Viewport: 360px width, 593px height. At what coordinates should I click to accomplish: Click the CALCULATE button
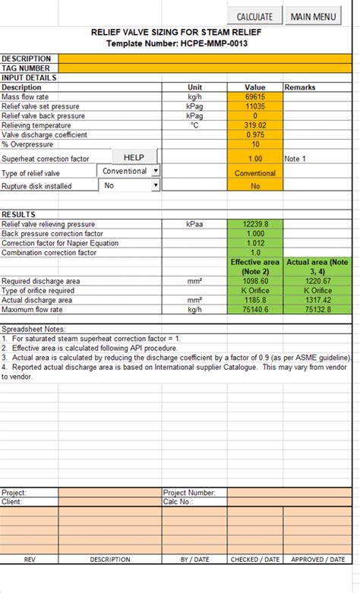tap(254, 16)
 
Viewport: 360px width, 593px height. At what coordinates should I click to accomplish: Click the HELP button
tap(134, 157)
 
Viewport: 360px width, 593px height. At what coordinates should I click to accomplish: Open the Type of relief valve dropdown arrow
tap(156, 171)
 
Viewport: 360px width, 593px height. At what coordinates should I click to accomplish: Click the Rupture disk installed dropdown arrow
tap(156, 185)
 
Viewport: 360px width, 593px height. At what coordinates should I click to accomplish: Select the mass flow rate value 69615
tap(255, 97)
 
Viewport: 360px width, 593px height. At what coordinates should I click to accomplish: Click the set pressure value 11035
tap(255, 107)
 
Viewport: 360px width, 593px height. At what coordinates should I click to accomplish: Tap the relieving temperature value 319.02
tap(255, 125)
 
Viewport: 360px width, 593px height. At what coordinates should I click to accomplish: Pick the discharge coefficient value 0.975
tap(255, 134)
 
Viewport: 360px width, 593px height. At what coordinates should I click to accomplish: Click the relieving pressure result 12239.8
tap(255, 224)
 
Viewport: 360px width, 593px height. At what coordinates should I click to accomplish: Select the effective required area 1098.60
tap(255, 281)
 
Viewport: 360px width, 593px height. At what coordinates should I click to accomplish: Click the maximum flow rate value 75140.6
tap(255, 309)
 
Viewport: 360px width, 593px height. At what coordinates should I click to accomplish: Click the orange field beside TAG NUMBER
tap(205, 68)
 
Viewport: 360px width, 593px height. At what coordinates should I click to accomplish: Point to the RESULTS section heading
tap(18, 214)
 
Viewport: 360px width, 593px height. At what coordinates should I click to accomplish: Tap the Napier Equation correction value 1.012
tap(255, 243)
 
